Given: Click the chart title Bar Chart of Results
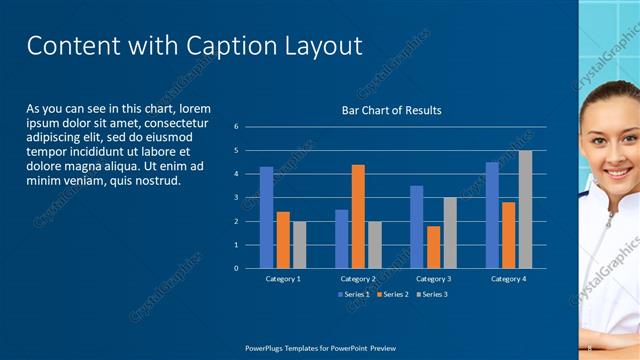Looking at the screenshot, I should coord(392,110).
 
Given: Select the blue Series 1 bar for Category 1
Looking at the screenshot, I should coord(266,217).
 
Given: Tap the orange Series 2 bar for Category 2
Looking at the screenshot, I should coord(358,216).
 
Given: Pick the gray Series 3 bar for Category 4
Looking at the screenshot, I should coord(525,209).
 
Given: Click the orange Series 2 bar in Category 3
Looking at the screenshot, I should coord(433,247).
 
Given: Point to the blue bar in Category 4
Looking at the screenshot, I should coord(492,215).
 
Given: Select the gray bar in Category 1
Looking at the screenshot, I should coord(299,244).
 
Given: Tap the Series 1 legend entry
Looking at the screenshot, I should coord(354,294).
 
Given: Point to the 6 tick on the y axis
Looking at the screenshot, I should coord(236,127).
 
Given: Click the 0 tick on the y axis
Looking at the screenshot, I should coord(236,268).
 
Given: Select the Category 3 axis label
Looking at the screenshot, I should coord(433,279).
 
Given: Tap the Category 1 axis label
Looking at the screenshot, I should coord(283,279).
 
